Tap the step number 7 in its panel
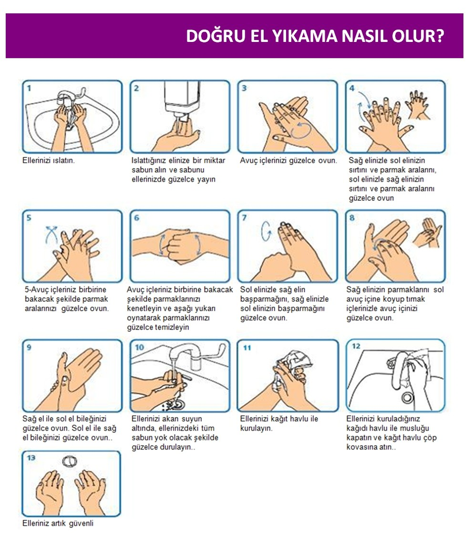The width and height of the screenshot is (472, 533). pyautogui.click(x=244, y=218)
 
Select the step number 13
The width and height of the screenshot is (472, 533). pyautogui.click(x=31, y=458)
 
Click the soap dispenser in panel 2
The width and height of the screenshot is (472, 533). pyautogui.click(x=182, y=100)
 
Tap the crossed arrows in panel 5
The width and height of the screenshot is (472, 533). pyautogui.click(x=51, y=234)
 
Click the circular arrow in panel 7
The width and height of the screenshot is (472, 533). pyautogui.click(x=266, y=231)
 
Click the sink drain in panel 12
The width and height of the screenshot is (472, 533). pyautogui.click(x=406, y=397)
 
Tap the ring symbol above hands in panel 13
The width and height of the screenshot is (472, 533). pyautogui.click(x=69, y=461)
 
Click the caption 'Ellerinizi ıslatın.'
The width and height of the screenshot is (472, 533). pyautogui.click(x=48, y=160)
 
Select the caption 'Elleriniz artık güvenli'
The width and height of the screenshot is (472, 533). pyautogui.click(x=58, y=524)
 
